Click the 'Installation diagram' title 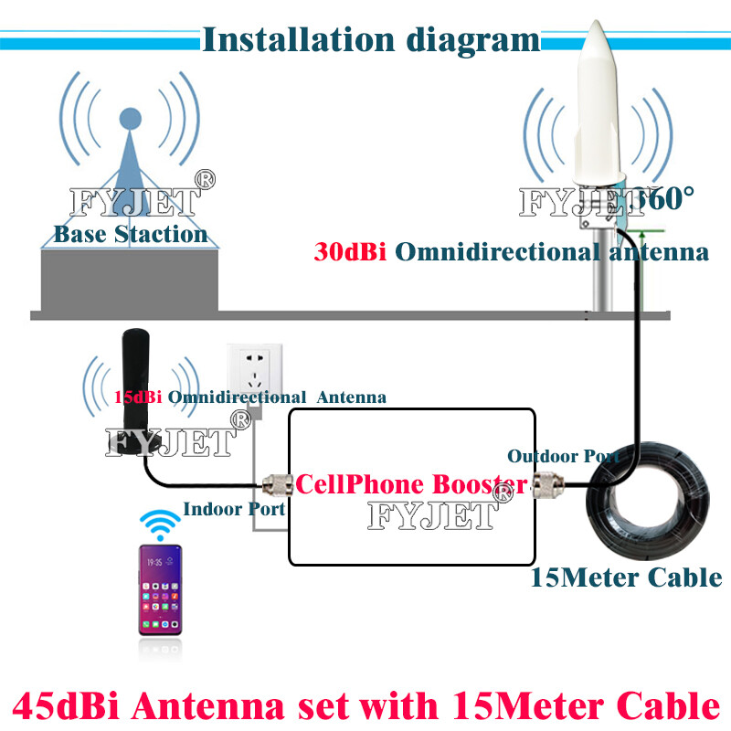click(370, 39)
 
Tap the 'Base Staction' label click(131, 234)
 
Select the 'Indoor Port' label click(235, 509)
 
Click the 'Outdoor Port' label click(563, 455)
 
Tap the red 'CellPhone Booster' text click(410, 482)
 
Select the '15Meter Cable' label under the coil click(626, 577)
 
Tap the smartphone click(160, 589)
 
